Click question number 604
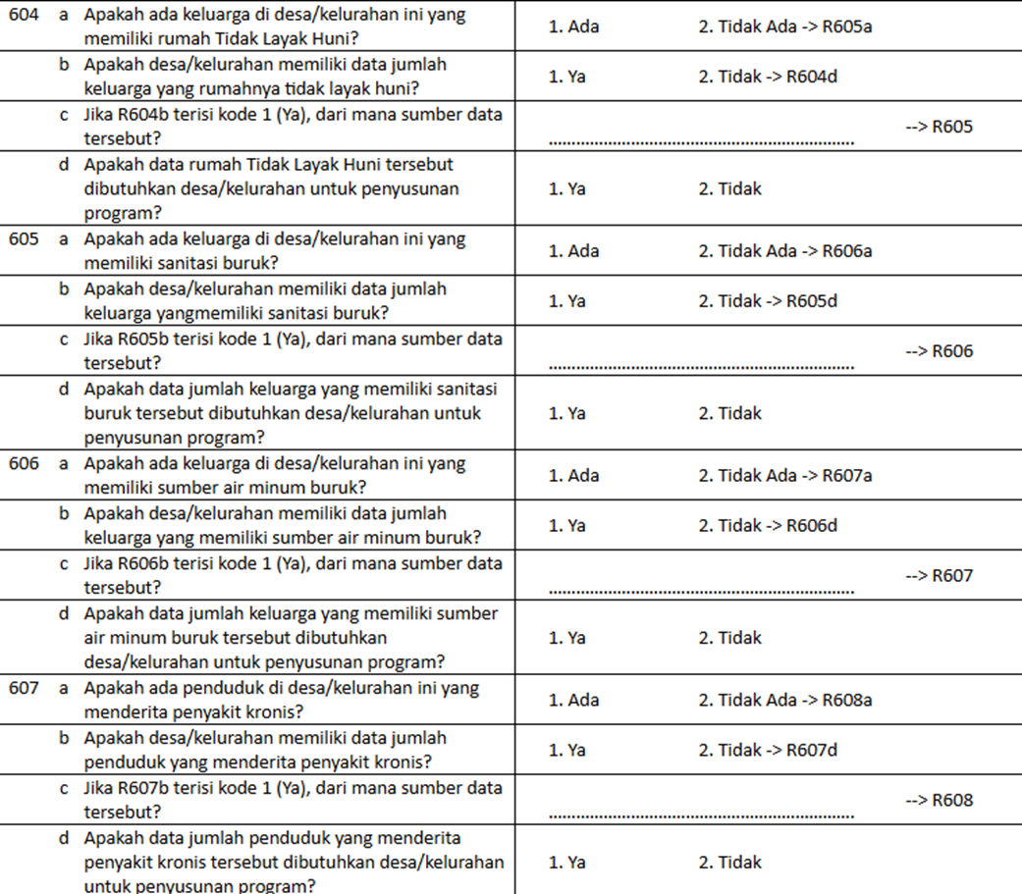tap(23, 16)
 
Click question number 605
tap(23, 239)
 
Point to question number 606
tap(23, 464)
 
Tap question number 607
tap(23, 688)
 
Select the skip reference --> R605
tap(939, 127)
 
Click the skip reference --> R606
tap(939, 351)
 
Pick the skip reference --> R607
tap(939, 576)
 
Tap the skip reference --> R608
tap(939, 800)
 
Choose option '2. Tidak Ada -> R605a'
tap(785, 27)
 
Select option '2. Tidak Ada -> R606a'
tap(785, 251)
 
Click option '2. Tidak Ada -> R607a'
tap(785, 476)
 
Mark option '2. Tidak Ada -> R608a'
tap(785, 700)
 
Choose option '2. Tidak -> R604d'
tap(768, 77)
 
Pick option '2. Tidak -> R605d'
tap(768, 301)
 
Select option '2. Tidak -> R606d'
tap(768, 526)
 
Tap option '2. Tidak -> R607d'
tap(768, 751)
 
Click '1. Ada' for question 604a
tap(573, 27)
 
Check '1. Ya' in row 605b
tap(566, 301)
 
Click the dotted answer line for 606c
tap(701, 591)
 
